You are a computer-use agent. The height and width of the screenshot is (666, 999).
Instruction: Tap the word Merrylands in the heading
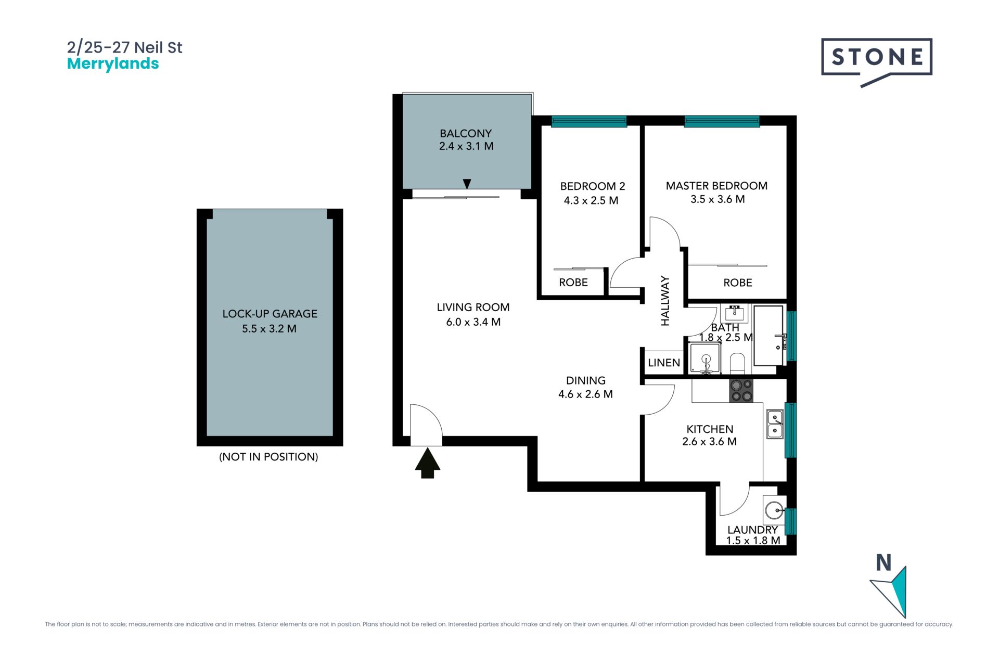[113, 64]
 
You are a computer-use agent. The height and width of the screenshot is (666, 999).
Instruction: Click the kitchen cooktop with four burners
[741, 391]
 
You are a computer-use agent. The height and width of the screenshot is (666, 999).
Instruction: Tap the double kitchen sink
[775, 424]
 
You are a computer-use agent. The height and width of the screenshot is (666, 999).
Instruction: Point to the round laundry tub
[774, 510]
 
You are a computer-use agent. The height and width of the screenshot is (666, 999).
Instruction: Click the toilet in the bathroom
[737, 363]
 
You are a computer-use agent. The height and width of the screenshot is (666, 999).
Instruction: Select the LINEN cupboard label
[664, 363]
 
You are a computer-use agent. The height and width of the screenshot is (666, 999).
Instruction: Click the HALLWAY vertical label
[665, 301]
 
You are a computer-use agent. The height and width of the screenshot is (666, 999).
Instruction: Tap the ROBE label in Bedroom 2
[573, 283]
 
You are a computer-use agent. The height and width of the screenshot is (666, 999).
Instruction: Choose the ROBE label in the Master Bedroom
[738, 283]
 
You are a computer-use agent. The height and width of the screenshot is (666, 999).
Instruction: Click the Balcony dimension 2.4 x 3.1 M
[466, 146]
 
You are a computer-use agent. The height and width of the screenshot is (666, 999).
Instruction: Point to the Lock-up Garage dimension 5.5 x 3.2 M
[269, 329]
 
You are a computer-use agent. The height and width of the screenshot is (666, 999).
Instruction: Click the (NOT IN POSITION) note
[268, 457]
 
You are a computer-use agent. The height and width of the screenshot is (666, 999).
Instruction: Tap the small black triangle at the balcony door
[467, 184]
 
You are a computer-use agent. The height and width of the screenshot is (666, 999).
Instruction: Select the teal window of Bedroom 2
[589, 122]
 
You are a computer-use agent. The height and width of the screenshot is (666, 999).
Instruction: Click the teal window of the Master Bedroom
[722, 122]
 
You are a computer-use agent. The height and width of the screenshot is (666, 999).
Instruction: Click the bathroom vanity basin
[735, 313]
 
